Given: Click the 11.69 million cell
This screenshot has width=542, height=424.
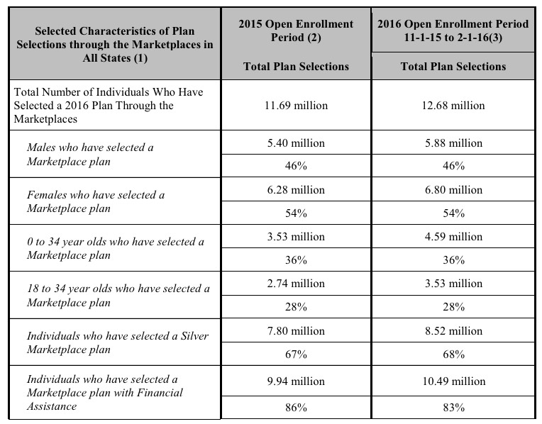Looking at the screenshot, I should (296, 106).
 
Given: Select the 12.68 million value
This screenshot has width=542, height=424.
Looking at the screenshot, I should (453, 106).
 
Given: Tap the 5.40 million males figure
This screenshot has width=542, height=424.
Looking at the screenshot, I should (296, 143).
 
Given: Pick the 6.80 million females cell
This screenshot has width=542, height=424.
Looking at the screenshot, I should (453, 190).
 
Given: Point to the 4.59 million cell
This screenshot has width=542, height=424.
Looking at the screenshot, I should (453, 237).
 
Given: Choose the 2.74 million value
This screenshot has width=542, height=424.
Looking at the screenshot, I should (296, 284).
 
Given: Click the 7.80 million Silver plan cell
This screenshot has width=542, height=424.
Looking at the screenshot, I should (296, 330).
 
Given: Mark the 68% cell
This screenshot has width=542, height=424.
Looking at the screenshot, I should (453, 354).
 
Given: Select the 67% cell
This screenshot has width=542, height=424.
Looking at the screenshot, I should (296, 354).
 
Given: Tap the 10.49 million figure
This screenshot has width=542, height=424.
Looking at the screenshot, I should (453, 381).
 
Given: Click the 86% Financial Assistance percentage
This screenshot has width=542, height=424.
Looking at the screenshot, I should (296, 408).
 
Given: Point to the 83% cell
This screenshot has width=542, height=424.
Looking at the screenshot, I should (453, 408).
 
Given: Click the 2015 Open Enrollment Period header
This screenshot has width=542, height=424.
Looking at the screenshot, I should (296, 30).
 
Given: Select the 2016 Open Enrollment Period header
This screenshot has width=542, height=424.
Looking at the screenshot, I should (453, 30).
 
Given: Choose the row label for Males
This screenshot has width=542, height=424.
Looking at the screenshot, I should (90, 154).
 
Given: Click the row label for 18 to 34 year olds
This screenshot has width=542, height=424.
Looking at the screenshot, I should (118, 295).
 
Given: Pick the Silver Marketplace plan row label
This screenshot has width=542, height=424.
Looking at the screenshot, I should (118, 342).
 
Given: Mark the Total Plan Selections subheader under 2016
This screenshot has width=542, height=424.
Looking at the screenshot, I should (453, 67).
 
